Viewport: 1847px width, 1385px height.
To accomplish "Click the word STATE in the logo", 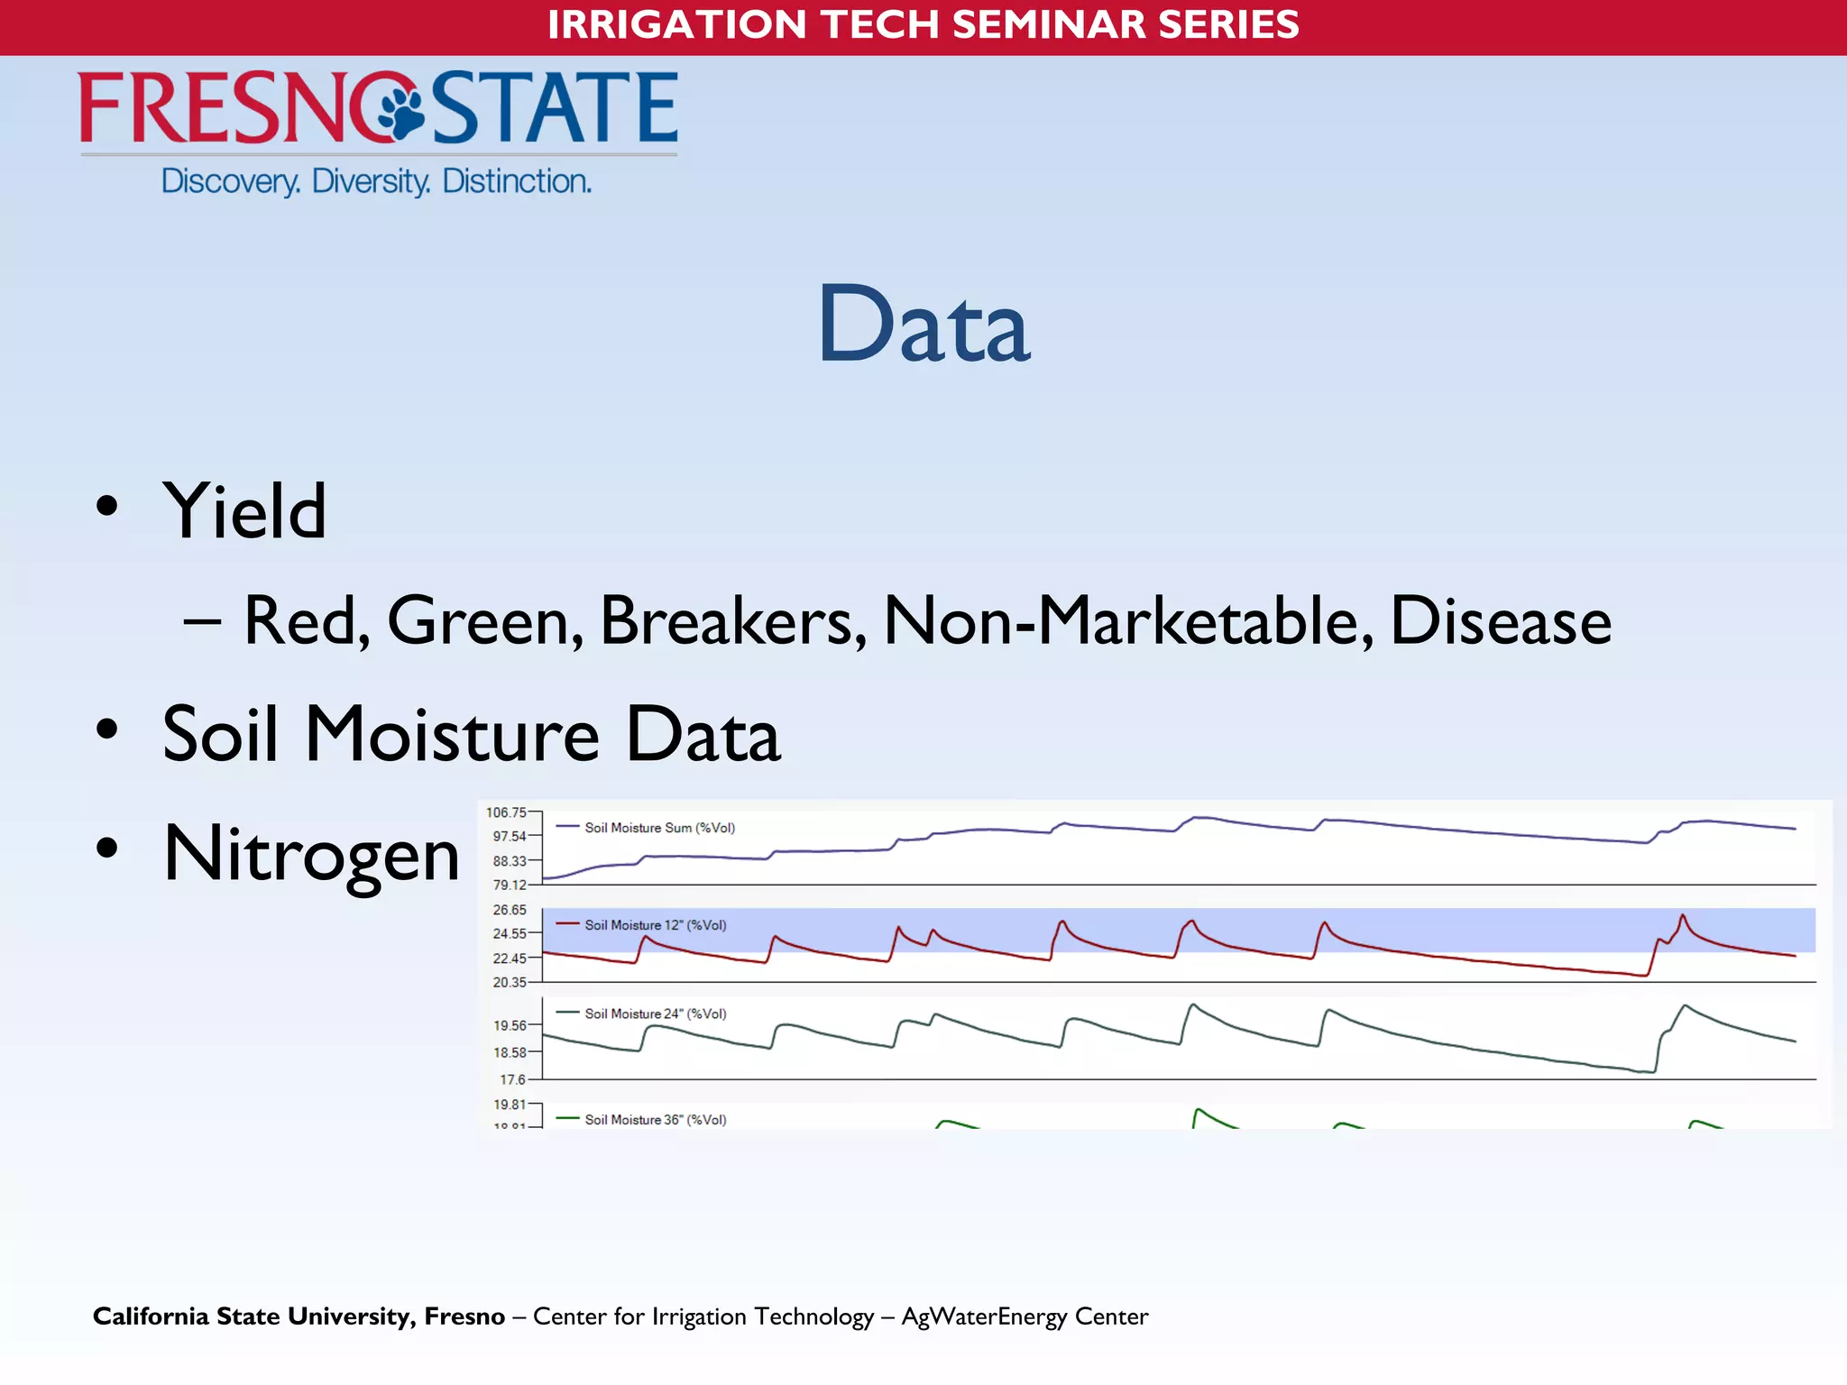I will (x=555, y=108).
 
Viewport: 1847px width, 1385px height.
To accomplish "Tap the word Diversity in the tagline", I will (x=371, y=181).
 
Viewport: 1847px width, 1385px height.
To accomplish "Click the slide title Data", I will (x=923, y=325).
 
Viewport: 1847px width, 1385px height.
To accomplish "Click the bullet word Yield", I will (x=244, y=511).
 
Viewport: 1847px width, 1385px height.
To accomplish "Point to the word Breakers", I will (x=726, y=621).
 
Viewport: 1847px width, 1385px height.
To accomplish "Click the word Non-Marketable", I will (x=1128, y=621).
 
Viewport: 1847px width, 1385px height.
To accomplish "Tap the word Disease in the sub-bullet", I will (x=1501, y=621).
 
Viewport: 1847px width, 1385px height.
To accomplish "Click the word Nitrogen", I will (x=311, y=854).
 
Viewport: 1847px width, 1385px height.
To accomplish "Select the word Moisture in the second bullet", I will (x=452, y=734).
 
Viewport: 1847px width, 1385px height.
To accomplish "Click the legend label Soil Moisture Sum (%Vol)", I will (x=659, y=828).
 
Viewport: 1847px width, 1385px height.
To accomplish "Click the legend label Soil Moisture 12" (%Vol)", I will (x=655, y=925).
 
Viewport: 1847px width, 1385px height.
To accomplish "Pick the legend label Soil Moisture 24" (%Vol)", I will (x=655, y=1014).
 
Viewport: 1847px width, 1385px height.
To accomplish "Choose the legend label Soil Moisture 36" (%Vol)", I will (x=655, y=1120).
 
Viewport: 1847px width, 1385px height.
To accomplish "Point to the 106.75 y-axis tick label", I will (x=506, y=812).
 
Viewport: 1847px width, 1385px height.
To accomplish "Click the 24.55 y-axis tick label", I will (x=510, y=933).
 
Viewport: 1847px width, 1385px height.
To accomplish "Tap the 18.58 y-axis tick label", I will (x=510, y=1052).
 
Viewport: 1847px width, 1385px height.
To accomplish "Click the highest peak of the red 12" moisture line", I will (x=1682, y=916).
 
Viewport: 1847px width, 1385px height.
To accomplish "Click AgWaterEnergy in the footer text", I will (x=985, y=1317).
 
